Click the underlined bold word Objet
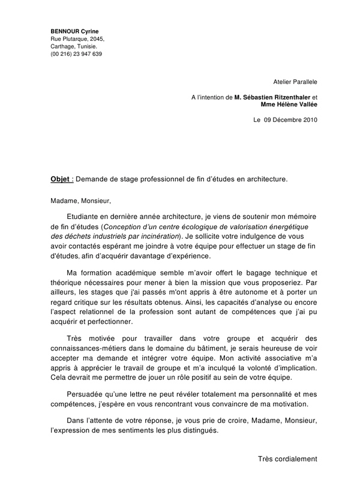pyautogui.click(x=60, y=178)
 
